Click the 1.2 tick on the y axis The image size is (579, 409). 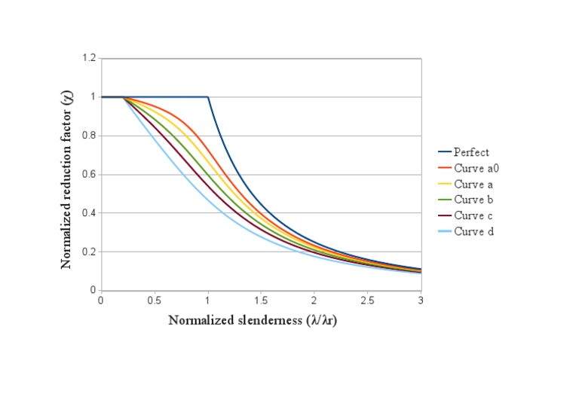tap(90, 58)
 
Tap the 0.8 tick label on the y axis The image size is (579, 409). tap(90, 136)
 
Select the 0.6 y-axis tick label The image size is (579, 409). tap(90, 175)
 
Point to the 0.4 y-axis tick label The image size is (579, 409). tap(90, 213)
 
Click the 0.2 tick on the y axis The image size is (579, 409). tap(90, 252)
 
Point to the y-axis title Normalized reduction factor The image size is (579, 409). tap(66, 175)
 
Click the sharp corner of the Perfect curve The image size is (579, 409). tap(208, 96)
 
